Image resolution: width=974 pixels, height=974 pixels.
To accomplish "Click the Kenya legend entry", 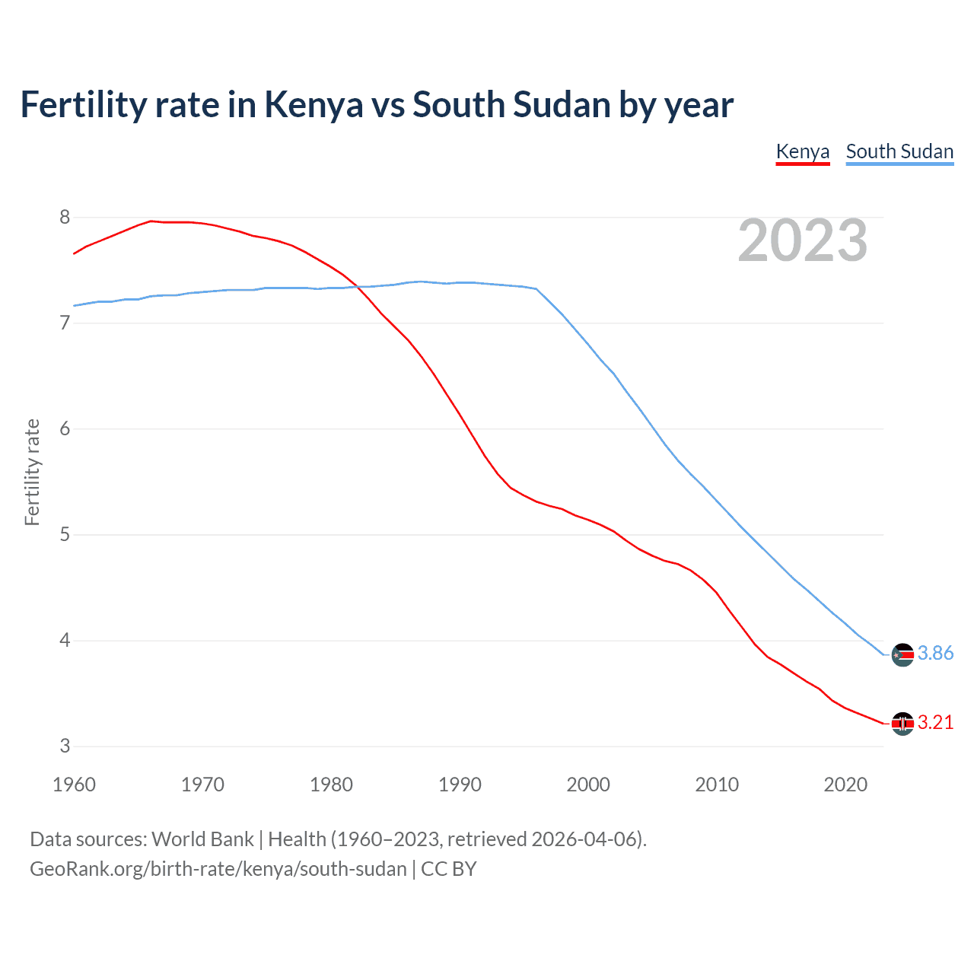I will coord(802,151).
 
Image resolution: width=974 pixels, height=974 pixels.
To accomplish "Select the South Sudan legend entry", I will coord(899,151).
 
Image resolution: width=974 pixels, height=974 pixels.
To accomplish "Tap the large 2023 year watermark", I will coord(803,240).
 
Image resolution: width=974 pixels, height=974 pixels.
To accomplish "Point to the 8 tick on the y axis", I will coord(65,218).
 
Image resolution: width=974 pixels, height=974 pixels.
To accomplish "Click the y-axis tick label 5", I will coord(65,535).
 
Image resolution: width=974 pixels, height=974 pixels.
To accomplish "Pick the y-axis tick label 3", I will coord(65,746).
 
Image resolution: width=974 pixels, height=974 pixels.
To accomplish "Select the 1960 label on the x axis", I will coord(74,785).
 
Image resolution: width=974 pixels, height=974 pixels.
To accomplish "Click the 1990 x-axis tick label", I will coord(460,785).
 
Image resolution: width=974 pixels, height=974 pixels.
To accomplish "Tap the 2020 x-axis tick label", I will coord(845,785).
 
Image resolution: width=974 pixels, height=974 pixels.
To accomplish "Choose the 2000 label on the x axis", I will coord(588,785).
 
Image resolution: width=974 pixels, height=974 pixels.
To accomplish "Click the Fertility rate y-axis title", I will coord(32,472).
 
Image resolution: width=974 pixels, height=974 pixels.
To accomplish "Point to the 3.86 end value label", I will coord(935,654).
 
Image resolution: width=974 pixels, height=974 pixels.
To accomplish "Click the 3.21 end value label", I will coord(935,723).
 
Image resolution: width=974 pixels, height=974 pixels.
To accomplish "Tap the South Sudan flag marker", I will coord(902,654).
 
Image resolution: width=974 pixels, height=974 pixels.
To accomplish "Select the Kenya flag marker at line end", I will coord(902,724).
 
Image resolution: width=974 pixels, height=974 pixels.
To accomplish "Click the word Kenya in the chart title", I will coord(314,105).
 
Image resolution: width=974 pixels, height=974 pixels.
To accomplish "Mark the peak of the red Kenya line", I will coord(151,221).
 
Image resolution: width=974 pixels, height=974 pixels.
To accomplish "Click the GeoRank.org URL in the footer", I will coord(218,869).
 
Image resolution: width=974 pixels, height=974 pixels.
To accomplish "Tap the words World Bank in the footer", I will coord(202,839).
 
